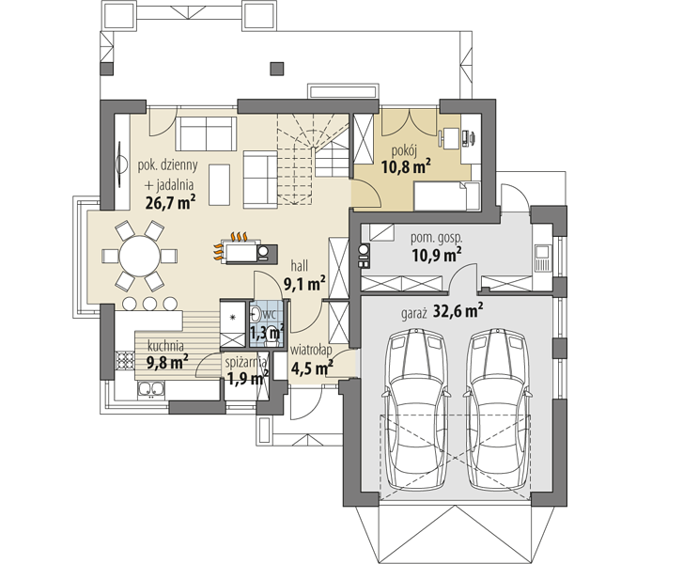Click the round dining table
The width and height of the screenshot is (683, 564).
tap(139, 256)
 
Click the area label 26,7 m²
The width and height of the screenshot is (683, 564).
tap(170, 202)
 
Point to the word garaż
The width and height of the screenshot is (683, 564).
tap(413, 314)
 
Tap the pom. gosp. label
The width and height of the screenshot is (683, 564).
tap(437, 238)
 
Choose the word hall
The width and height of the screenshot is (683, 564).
tap(300, 265)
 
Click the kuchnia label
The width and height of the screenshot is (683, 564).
tap(165, 346)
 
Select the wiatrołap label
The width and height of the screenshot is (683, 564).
tap(311, 350)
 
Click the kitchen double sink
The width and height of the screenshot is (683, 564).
tap(151, 390)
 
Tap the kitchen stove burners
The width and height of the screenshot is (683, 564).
tap(125, 360)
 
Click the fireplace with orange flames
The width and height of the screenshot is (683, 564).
tap(245, 250)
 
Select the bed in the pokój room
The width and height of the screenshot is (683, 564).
tap(446, 196)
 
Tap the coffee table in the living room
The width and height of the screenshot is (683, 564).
tap(219, 184)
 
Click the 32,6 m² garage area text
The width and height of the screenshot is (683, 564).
tap(458, 311)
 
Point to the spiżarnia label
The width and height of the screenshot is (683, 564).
tap(246, 362)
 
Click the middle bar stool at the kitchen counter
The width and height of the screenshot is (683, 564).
tap(149, 304)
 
